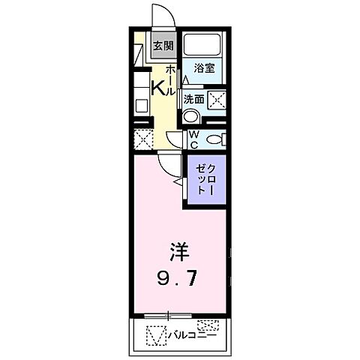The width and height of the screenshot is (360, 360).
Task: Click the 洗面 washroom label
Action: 194,98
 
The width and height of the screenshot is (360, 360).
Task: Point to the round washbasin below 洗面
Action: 191,116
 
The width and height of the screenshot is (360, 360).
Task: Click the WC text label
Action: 193,139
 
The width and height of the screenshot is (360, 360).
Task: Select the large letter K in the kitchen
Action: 158,87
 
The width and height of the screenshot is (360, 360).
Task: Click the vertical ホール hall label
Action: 171,79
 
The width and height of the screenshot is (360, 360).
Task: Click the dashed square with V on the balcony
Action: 154,334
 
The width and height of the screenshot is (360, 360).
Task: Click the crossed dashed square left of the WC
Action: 142,139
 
